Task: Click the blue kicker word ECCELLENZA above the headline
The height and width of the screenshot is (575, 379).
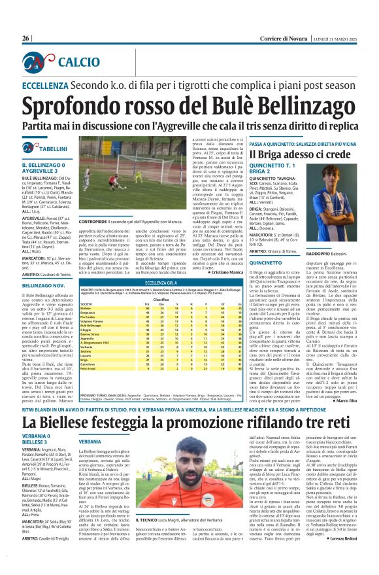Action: (45, 86)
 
